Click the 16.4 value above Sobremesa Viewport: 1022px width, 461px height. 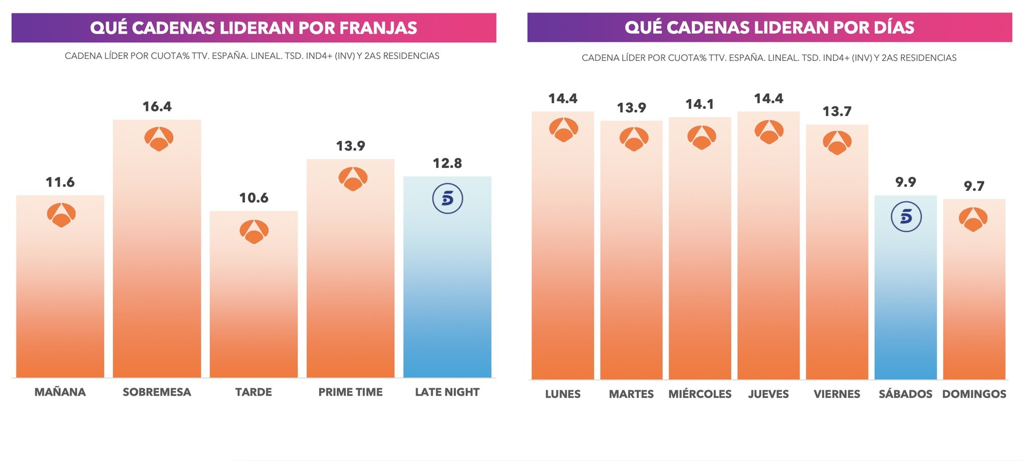pyautogui.click(x=157, y=107)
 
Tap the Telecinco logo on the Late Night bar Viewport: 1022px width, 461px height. pyautogui.click(x=447, y=198)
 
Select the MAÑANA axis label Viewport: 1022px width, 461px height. pyautogui.click(x=60, y=392)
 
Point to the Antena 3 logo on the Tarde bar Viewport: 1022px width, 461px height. pyautogui.click(x=254, y=232)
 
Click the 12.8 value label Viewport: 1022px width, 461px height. pyautogui.click(x=447, y=164)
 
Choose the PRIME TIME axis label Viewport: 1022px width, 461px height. pyautogui.click(x=350, y=392)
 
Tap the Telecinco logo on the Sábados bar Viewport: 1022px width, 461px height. pyautogui.click(x=905, y=217)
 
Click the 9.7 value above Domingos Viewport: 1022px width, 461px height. pyautogui.click(x=974, y=186)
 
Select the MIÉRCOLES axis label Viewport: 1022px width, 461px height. pyautogui.click(x=700, y=394)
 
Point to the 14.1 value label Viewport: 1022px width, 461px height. pyautogui.click(x=700, y=104)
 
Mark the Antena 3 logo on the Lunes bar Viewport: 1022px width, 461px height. pyautogui.click(x=563, y=129)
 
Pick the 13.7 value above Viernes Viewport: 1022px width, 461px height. pyautogui.click(x=837, y=111)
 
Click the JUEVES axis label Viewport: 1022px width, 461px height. pyautogui.click(x=768, y=394)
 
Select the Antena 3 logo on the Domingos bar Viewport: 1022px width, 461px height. pyautogui.click(x=973, y=219)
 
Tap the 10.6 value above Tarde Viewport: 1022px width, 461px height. pyautogui.click(x=253, y=198)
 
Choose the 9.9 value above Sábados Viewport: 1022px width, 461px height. pyautogui.click(x=905, y=182)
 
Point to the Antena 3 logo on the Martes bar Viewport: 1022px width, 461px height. pyautogui.click(x=634, y=139)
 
